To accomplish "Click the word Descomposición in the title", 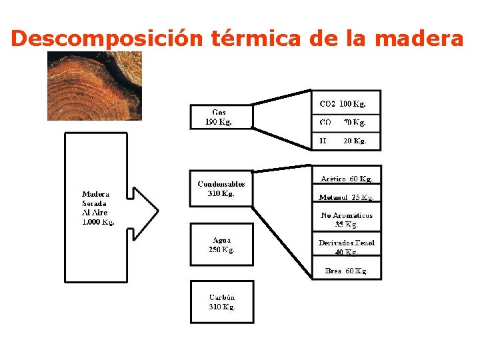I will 107,39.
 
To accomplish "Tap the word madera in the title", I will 419,39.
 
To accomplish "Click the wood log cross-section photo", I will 95,86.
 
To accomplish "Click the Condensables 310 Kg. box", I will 221,189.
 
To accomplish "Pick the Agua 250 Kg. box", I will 221,245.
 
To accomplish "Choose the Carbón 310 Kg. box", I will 222,302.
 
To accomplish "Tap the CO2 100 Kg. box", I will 346,103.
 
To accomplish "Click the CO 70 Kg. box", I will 346,123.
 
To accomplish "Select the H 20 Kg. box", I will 346,141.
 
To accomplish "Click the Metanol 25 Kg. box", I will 347,197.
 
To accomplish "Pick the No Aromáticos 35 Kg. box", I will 347,219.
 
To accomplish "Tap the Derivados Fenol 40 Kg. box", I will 347,247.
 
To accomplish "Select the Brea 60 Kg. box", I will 347,271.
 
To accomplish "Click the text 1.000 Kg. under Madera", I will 98,221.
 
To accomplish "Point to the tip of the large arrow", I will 159,211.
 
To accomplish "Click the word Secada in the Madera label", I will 95,203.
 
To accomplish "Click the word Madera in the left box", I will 95,195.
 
